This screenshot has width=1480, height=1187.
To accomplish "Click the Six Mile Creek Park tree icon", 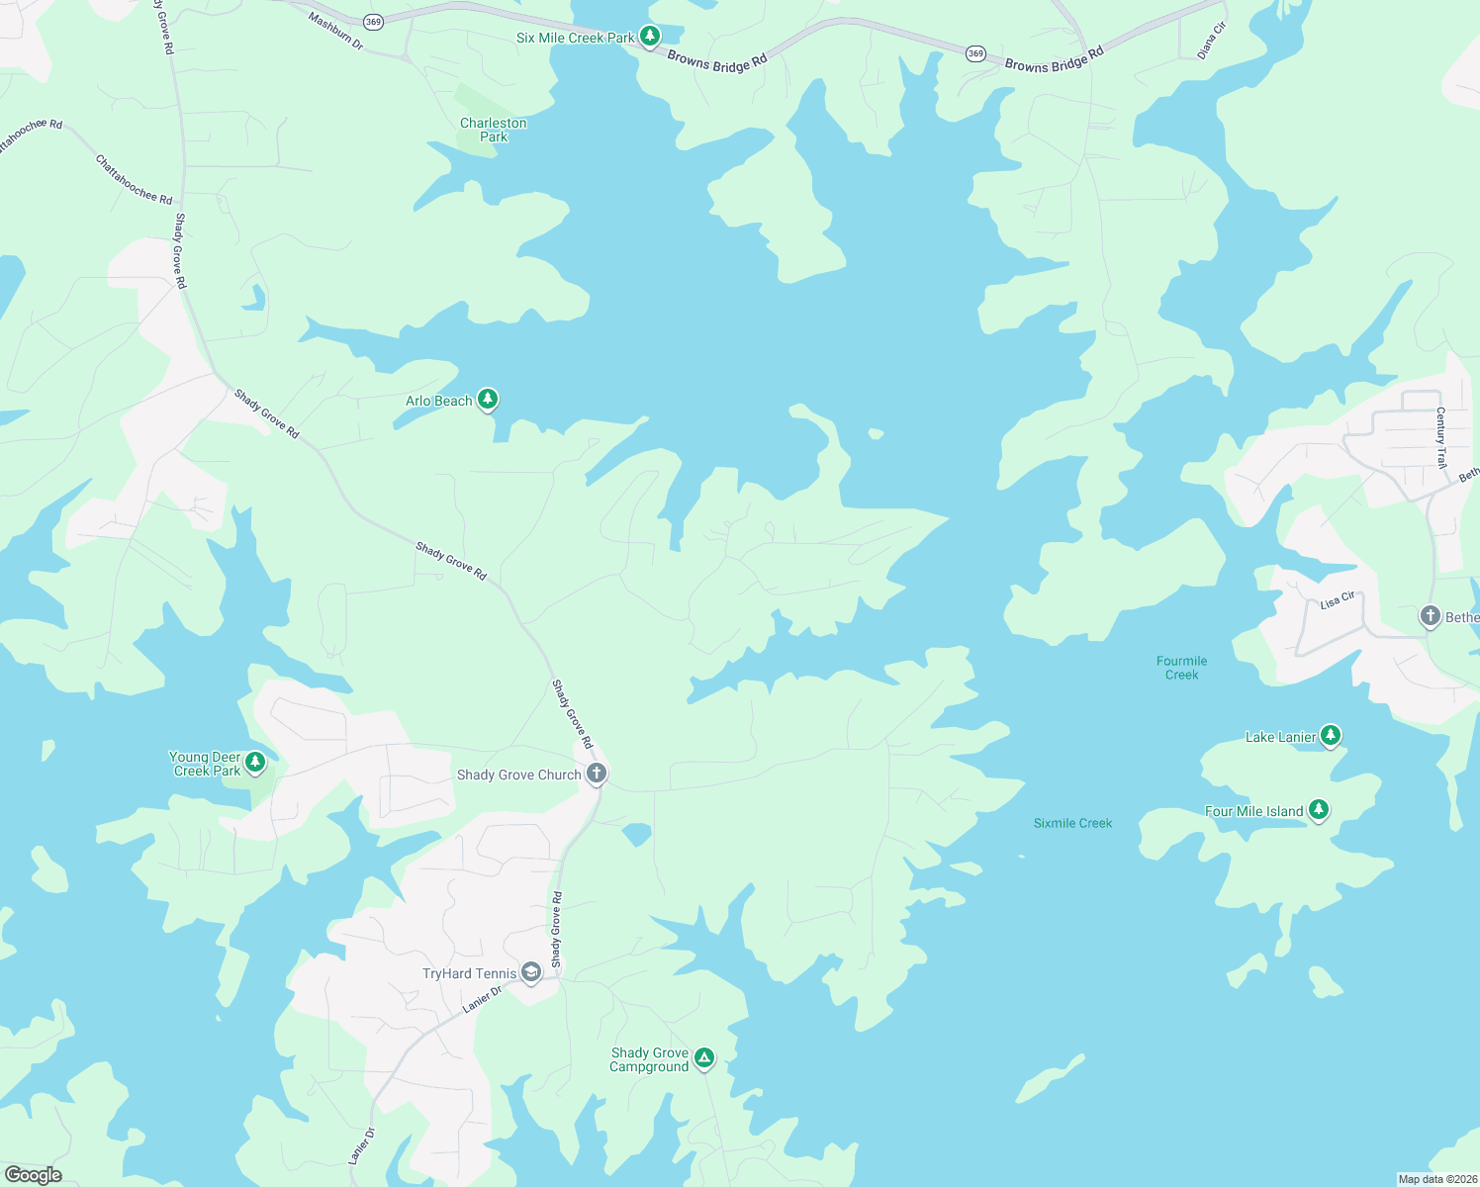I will (649, 38).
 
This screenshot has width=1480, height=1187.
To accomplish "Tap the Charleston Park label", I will (494, 130).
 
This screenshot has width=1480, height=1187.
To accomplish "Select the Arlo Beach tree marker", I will (488, 400).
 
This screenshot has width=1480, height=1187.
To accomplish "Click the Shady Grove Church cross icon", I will (596, 774).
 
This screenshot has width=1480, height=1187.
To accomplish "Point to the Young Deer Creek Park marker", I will (255, 762).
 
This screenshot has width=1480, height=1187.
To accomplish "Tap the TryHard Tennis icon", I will (531, 973).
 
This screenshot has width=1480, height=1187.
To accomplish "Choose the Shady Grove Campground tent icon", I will (703, 1058).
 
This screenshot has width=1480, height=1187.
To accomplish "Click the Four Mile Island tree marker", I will (1318, 810).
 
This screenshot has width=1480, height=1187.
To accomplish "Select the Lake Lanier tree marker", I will (1331, 735).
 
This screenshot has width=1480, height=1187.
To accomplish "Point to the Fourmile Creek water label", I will (1181, 668).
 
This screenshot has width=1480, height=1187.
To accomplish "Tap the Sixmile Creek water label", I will (1072, 823).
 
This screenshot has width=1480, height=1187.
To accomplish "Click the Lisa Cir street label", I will (1338, 601).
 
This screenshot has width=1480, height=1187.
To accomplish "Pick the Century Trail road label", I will (1441, 437).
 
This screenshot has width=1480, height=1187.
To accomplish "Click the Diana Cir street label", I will (1212, 41).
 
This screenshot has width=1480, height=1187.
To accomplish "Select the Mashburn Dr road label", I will (335, 31).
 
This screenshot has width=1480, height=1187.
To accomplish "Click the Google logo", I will (33, 1175).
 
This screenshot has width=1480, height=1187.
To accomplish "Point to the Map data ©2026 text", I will (1437, 1179).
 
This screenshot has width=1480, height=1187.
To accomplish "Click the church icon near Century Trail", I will (1430, 617).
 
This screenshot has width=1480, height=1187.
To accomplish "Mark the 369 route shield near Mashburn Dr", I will (373, 22).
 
